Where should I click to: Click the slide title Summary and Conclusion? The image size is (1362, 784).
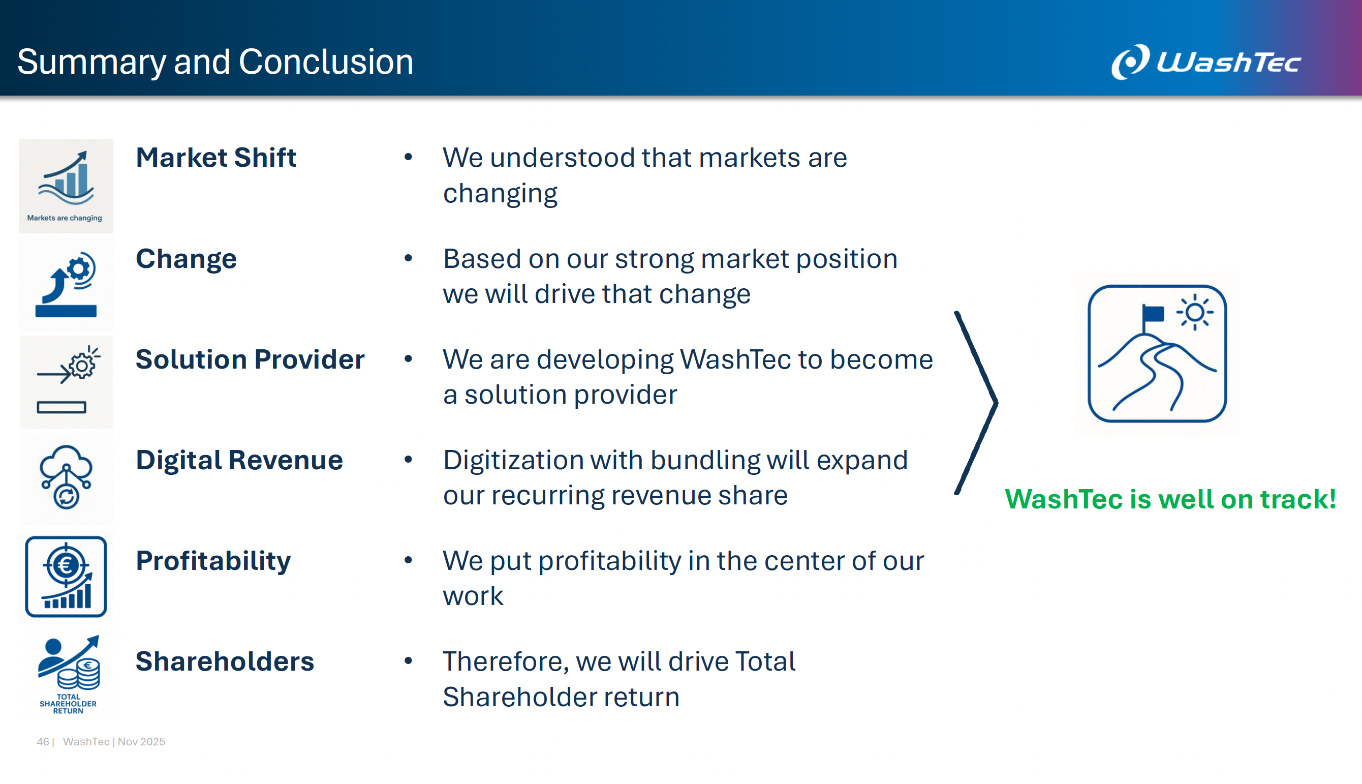[x=215, y=63]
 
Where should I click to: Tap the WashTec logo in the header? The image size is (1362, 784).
[x=1206, y=62]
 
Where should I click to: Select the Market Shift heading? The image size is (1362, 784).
[x=216, y=157]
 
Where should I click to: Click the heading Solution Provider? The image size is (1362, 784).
[x=250, y=359]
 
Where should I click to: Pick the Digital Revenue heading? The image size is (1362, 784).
[x=239, y=461]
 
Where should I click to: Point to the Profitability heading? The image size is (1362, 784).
[x=213, y=561]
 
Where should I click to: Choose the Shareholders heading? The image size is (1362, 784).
[x=225, y=661]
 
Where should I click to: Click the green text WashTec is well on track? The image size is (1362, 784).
[x=1170, y=499]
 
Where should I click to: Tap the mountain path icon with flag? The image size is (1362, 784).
[x=1157, y=354]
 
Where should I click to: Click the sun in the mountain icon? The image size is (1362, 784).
[x=1195, y=312]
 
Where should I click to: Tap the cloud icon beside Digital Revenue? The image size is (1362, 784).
[x=66, y=477]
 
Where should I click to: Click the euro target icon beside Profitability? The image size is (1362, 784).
[x=66, y=577]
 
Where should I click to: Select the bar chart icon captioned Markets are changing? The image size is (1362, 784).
[x=66, y=186]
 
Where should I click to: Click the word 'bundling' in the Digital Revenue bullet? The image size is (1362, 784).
[x=705, y=461]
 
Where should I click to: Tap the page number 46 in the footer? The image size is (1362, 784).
[x=43, y=742]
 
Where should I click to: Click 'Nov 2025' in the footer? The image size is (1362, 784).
[x=141, y=742]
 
